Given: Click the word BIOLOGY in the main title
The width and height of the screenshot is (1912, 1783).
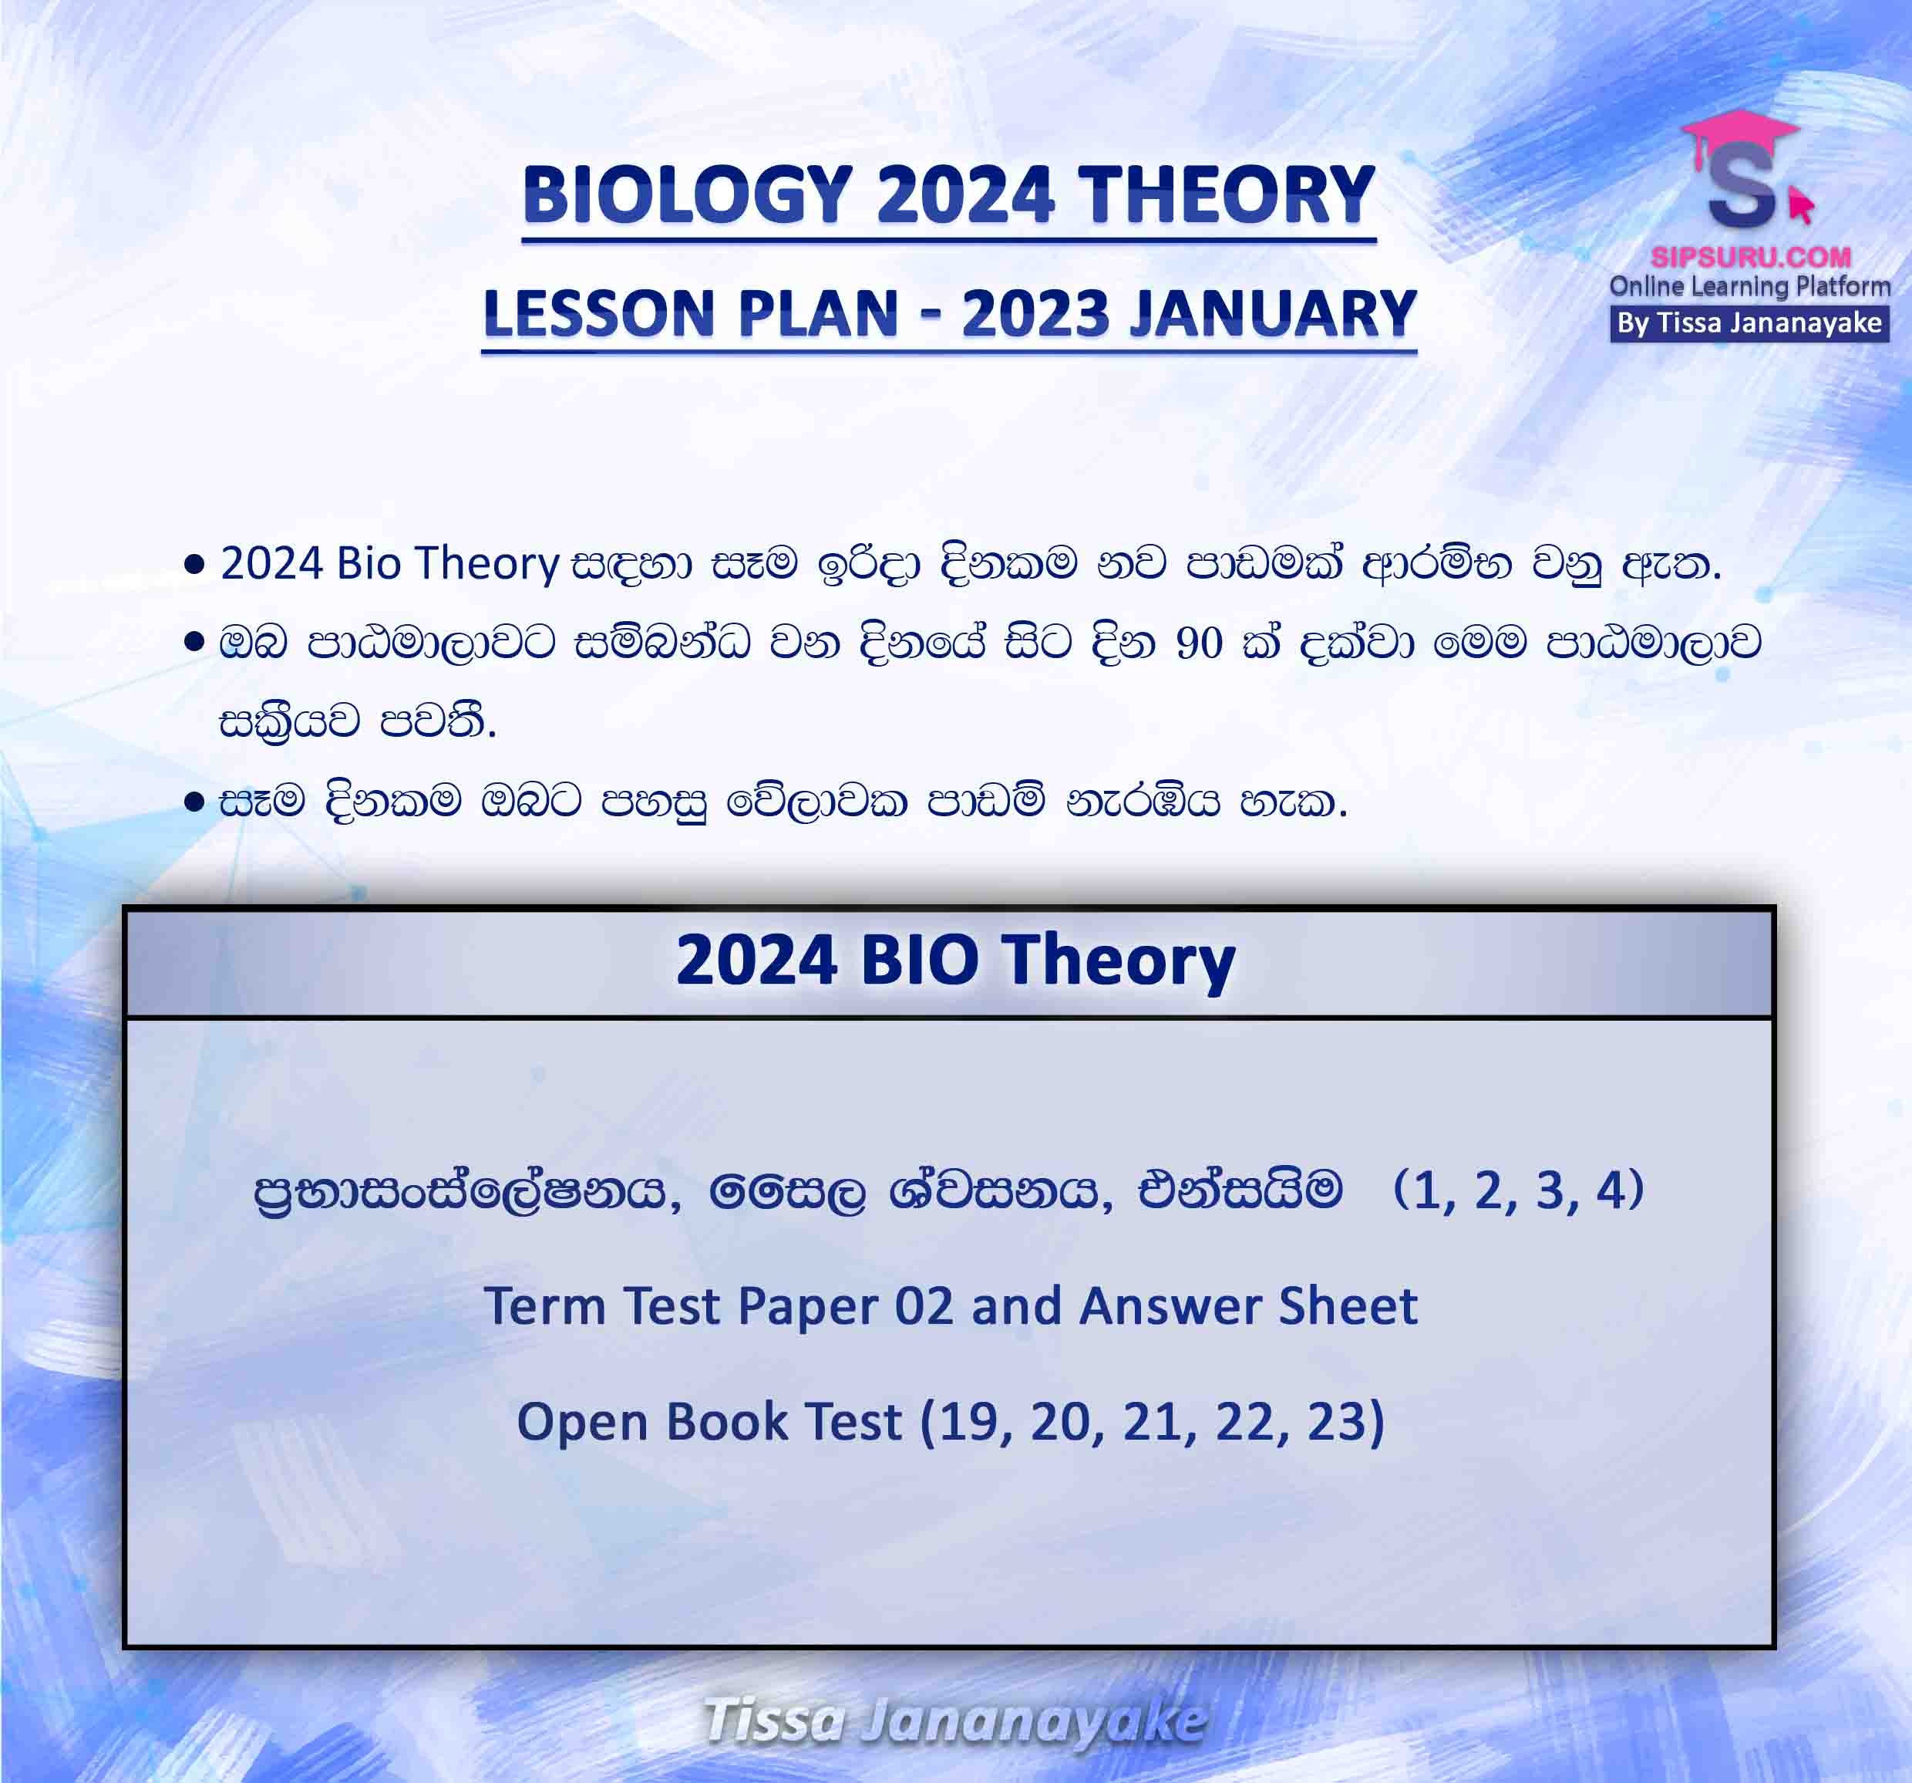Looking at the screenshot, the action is click(x=688, y=195).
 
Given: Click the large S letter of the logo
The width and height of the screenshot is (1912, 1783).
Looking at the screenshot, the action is click(x=1741, y=192).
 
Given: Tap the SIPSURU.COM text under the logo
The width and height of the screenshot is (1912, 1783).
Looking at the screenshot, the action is click(x=1750, y=257).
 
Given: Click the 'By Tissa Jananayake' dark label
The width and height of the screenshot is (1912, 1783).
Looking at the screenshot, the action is click(x=1749, y=323).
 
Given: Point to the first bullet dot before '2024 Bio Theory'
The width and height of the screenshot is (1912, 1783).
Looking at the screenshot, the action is click(x=194, y=564).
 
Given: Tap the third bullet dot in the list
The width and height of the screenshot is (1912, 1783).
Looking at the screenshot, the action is click(x=194, y=802).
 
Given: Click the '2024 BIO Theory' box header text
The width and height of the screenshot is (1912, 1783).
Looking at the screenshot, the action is click(x=955, y=961).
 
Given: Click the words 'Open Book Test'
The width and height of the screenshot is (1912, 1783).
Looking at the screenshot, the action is click(x=709, y=1422).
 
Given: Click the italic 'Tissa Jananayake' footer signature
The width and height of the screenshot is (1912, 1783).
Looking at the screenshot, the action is click(x=955, y=1721).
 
